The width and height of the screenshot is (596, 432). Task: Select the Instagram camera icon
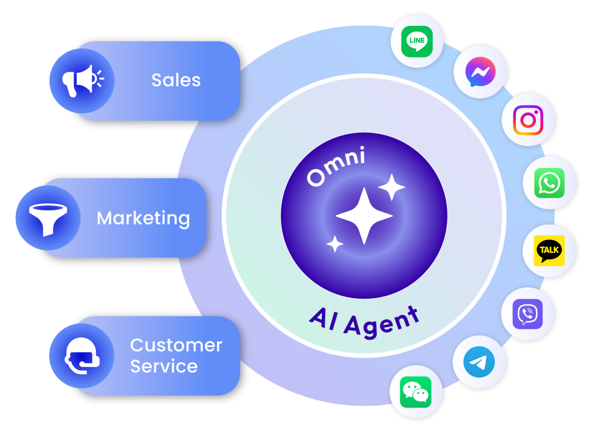pos(528,120)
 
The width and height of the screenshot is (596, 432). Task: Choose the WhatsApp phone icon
pos(549,184)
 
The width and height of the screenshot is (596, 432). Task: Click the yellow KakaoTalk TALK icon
pos(549,250)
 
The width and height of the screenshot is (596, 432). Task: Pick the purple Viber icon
pos(527,314)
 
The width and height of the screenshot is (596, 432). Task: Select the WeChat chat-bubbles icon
pos(416,392)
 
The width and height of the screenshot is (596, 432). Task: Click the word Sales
pos(176,80)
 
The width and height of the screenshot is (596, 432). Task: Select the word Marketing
pos(143,218)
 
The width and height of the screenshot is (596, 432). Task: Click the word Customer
pos(176,345)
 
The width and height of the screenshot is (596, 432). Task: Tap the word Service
pos(164,367)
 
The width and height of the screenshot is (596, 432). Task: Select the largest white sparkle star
pos(364,216)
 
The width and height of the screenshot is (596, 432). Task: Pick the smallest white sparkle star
pos(335,244)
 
